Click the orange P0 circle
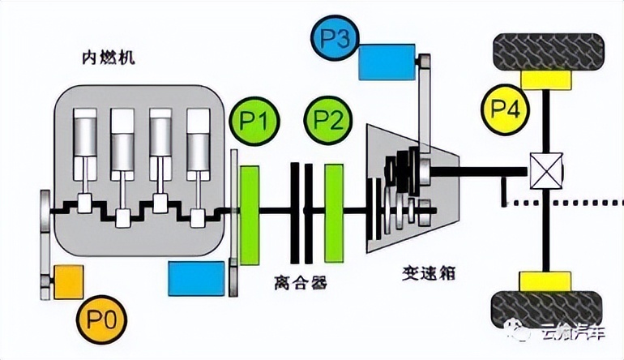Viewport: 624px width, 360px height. click(x=103, y=321)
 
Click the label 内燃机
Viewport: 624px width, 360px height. click(x=110, y=58)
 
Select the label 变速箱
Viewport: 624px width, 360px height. click(x=427, y=272)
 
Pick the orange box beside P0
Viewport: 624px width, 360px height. click(x=67, y=281)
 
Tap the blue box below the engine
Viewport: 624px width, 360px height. click(x=196, y=278)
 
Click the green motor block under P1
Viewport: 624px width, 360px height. click(x=249, y=206)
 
